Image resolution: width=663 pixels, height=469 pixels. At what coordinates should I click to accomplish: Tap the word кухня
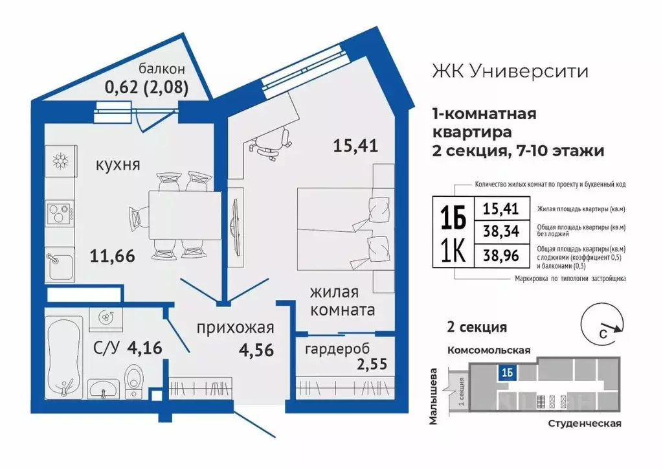pos(118,165)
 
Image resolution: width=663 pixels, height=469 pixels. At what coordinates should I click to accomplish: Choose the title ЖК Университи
pos(510,71)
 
